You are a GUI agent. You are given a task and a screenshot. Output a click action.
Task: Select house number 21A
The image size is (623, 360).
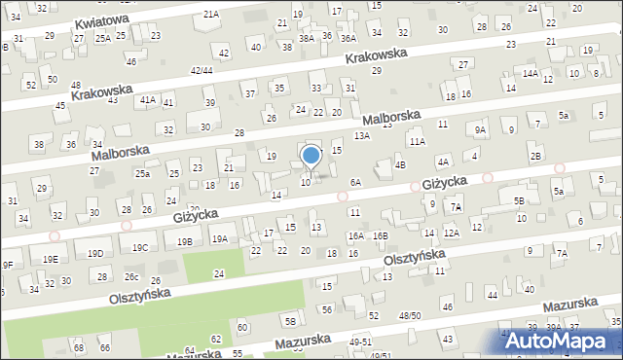[211, 15]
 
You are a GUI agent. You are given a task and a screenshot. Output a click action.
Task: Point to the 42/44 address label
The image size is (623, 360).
[202, 70]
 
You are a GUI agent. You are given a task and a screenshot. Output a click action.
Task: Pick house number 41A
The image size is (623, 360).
[148, 99]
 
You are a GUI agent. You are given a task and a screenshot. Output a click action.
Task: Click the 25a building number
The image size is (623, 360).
[142, 173]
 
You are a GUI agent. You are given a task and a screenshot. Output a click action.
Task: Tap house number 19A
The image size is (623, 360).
[220, 238]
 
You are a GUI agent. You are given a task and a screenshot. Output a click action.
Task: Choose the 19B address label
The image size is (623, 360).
[184, 241]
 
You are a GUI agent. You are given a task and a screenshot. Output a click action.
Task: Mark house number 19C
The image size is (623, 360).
[140, 247]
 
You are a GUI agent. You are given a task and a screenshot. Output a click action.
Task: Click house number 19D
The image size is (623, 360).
[95, 253]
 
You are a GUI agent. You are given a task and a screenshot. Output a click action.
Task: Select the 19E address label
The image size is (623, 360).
[50, 258]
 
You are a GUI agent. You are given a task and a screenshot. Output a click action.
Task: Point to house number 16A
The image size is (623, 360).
[356, 235]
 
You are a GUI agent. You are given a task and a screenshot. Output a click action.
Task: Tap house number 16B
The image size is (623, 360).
[381, 235]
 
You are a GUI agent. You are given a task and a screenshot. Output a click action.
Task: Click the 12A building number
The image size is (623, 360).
[452, 233]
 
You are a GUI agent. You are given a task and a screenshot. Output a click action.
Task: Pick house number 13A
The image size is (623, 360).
[362, 136]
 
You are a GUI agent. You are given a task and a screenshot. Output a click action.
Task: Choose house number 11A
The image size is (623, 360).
[417, 141]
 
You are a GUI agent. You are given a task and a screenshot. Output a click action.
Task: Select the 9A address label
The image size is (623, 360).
[480, 129]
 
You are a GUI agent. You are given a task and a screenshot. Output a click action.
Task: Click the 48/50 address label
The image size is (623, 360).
[410, 315]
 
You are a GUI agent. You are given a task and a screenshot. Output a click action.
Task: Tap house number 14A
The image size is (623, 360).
[530, 73]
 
